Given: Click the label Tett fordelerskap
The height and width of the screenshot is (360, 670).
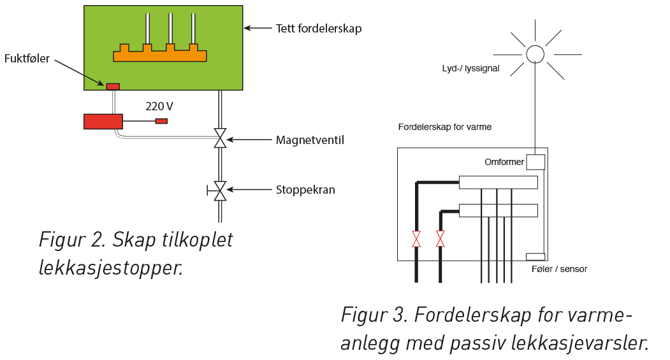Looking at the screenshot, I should [318, 29].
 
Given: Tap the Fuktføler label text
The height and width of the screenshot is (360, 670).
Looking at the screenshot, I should [27, 58].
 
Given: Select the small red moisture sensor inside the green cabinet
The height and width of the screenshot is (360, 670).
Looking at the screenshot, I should [113, 86].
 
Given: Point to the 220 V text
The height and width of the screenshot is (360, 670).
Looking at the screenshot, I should [159, 106].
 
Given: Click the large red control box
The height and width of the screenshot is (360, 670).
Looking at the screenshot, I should [103, 121].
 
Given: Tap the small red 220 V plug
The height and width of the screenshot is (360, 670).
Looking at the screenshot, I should [161, 121].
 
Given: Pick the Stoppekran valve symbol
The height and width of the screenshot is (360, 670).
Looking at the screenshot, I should [221, 190].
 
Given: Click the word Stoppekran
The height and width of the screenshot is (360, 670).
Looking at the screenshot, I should [305, 190].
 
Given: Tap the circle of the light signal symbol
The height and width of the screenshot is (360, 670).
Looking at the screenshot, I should [534, 54].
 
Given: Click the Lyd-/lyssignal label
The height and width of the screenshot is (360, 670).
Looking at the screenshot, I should [470, 68].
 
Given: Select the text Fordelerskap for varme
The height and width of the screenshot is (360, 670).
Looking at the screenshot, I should [444, 127].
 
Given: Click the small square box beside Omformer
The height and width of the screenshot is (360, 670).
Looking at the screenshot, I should [535, 162].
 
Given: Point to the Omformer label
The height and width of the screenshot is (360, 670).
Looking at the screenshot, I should [504, 162].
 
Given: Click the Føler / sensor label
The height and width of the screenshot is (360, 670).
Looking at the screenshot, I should [559, 270].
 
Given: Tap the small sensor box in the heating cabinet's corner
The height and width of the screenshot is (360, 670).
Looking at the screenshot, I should [534, 257].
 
